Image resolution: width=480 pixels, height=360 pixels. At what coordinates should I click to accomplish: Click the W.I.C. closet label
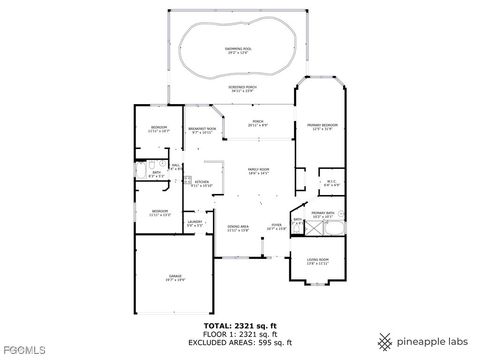point(333,183)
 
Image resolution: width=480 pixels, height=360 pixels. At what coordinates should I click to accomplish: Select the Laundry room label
point(194,223)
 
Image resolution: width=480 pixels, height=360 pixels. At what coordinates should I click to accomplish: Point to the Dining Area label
point(237,228)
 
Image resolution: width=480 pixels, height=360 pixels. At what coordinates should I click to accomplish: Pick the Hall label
point(175,167)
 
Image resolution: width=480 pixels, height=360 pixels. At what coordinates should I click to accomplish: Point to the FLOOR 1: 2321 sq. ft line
point(240,335)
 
